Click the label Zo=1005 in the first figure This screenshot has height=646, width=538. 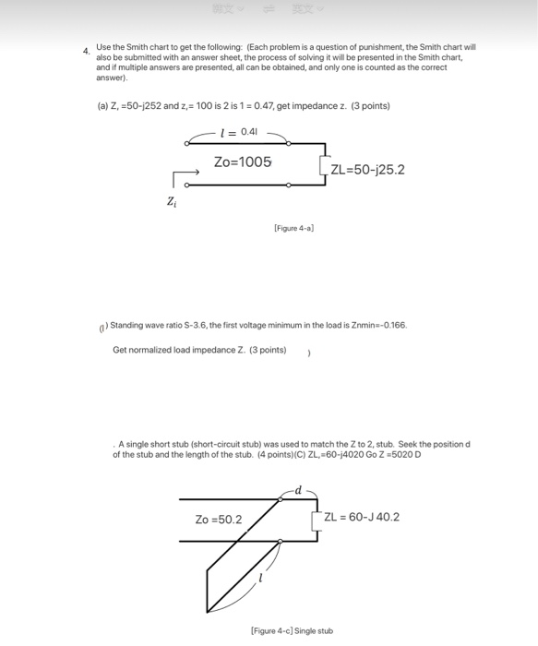243,161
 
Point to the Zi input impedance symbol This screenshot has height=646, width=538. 173,200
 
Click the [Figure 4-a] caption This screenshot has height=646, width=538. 294,227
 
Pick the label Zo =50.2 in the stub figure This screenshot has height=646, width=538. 218,520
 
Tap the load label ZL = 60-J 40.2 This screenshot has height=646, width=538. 362,517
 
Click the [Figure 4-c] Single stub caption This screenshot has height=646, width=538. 293,631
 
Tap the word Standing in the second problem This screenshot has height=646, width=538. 127,326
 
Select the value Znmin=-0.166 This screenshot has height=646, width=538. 375,326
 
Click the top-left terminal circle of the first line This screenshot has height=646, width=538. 188,143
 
